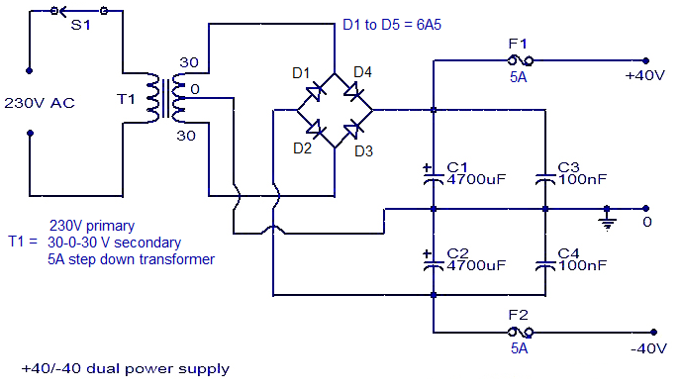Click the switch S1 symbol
79,11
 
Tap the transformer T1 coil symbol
165,98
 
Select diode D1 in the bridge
315,92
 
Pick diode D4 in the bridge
353,91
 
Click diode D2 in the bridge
315,129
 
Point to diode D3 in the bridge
352,129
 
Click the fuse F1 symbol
521,60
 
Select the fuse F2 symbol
521,333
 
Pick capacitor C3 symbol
545,179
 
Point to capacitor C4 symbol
545,265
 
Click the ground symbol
607,219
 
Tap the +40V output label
645,76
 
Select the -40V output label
648,348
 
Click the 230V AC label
40,103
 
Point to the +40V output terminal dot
646,61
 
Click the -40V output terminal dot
653,333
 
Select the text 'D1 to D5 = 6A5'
392,25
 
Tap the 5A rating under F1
519,77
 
